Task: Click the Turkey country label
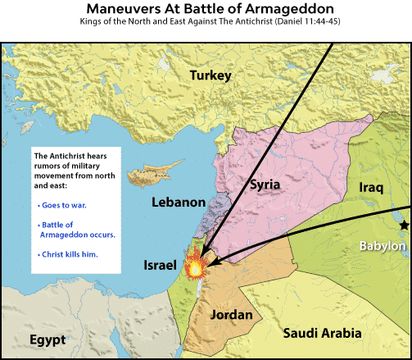pyautogui.click(x=211, y=76)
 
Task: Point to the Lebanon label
pyautogui.click(x=178, y=201)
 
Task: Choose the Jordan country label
pyautogui.click(x=231, y=314)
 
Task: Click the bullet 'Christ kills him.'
pyautogui.click(x=68, y=255)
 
